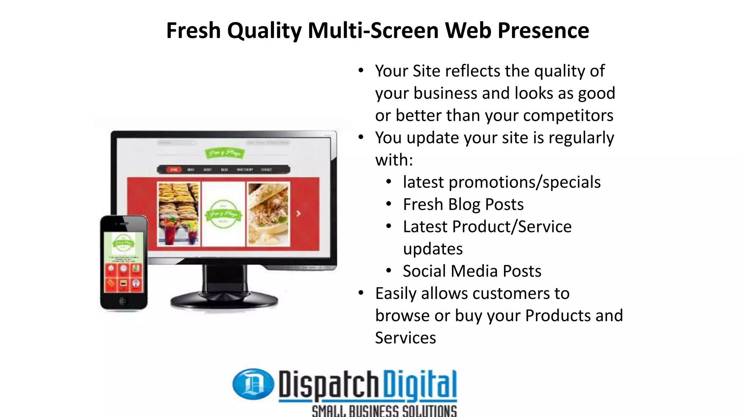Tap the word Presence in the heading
coord(543,30)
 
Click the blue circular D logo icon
coord(253,384)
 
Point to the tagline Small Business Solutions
coord(384,411)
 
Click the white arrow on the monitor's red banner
coord(298,214)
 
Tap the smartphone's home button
coord(123,301)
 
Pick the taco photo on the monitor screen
coord(268,214)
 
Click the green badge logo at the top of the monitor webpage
coord(224,153)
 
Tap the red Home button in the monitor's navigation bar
coord(174,169)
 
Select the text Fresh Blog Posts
coord(463,205)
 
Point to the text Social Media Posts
coord(472,271)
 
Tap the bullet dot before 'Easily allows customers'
coord(361,292)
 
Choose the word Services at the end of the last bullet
coord(406,338)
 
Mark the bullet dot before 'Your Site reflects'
coord(361,70)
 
